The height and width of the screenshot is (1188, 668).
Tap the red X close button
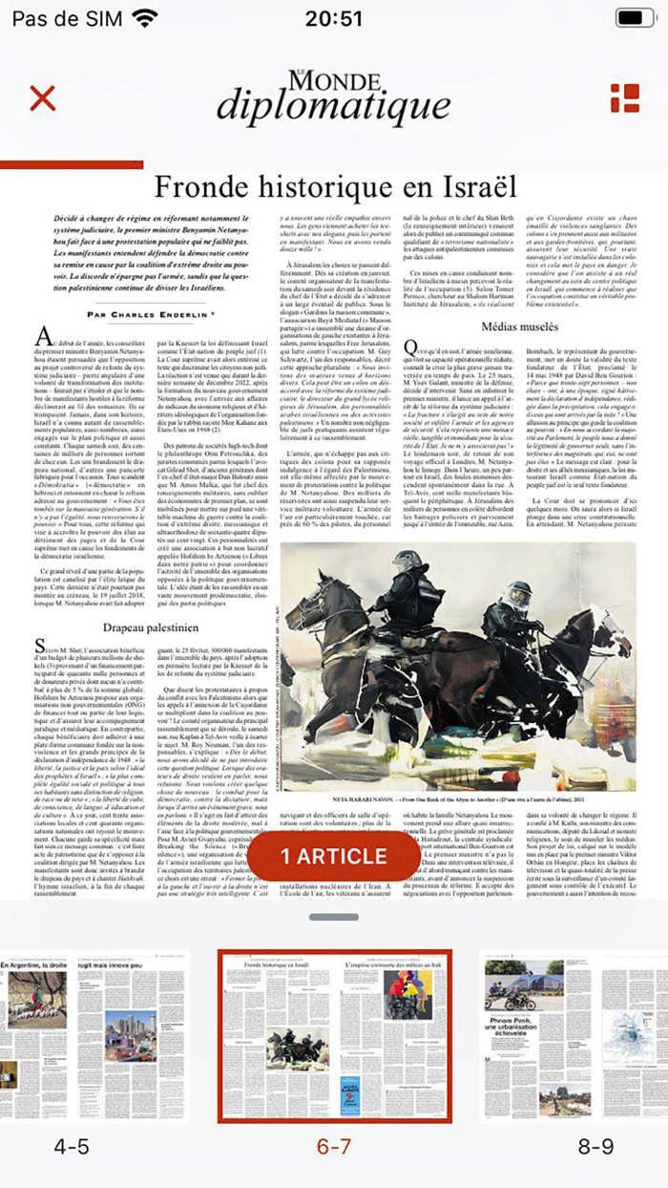pyautogui.click(x=43, y=97)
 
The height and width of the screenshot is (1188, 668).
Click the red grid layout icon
pyautogui.click(x=625, y=97)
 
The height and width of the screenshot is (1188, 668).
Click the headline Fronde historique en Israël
pyautogui.click(x=334, y=185)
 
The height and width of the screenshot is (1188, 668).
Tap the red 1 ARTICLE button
pyautogui.click(x=334, y=856)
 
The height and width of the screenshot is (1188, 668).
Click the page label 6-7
pyautogui.click(x=334, y=1147)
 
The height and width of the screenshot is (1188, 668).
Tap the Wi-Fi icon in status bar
pyautogui.click(x=145, y=17)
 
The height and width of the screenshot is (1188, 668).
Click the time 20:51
pyautogui.click(x=334, y=18)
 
